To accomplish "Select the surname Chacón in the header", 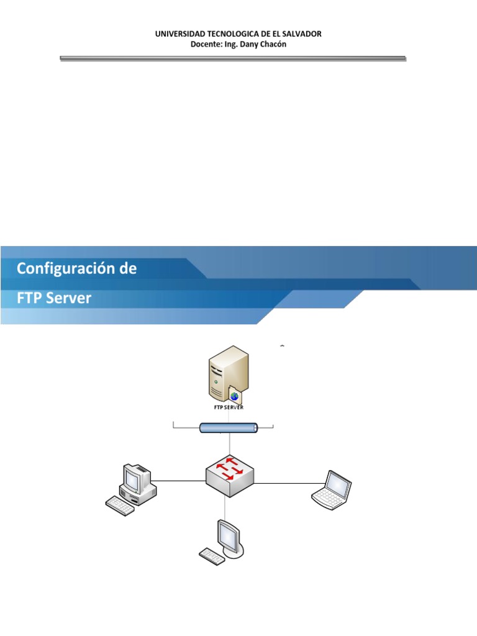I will [x=273, y=43].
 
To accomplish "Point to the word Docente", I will [x=205, y=43].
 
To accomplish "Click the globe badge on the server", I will [x=235, y=396].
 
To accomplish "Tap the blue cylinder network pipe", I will [x=229, y=428].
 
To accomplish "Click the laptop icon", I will [x=332, y=489].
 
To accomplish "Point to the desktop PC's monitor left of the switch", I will [x=134, y=477].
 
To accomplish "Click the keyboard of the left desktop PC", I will [x=120, y=506].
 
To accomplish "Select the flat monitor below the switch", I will [x=229, y=535].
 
